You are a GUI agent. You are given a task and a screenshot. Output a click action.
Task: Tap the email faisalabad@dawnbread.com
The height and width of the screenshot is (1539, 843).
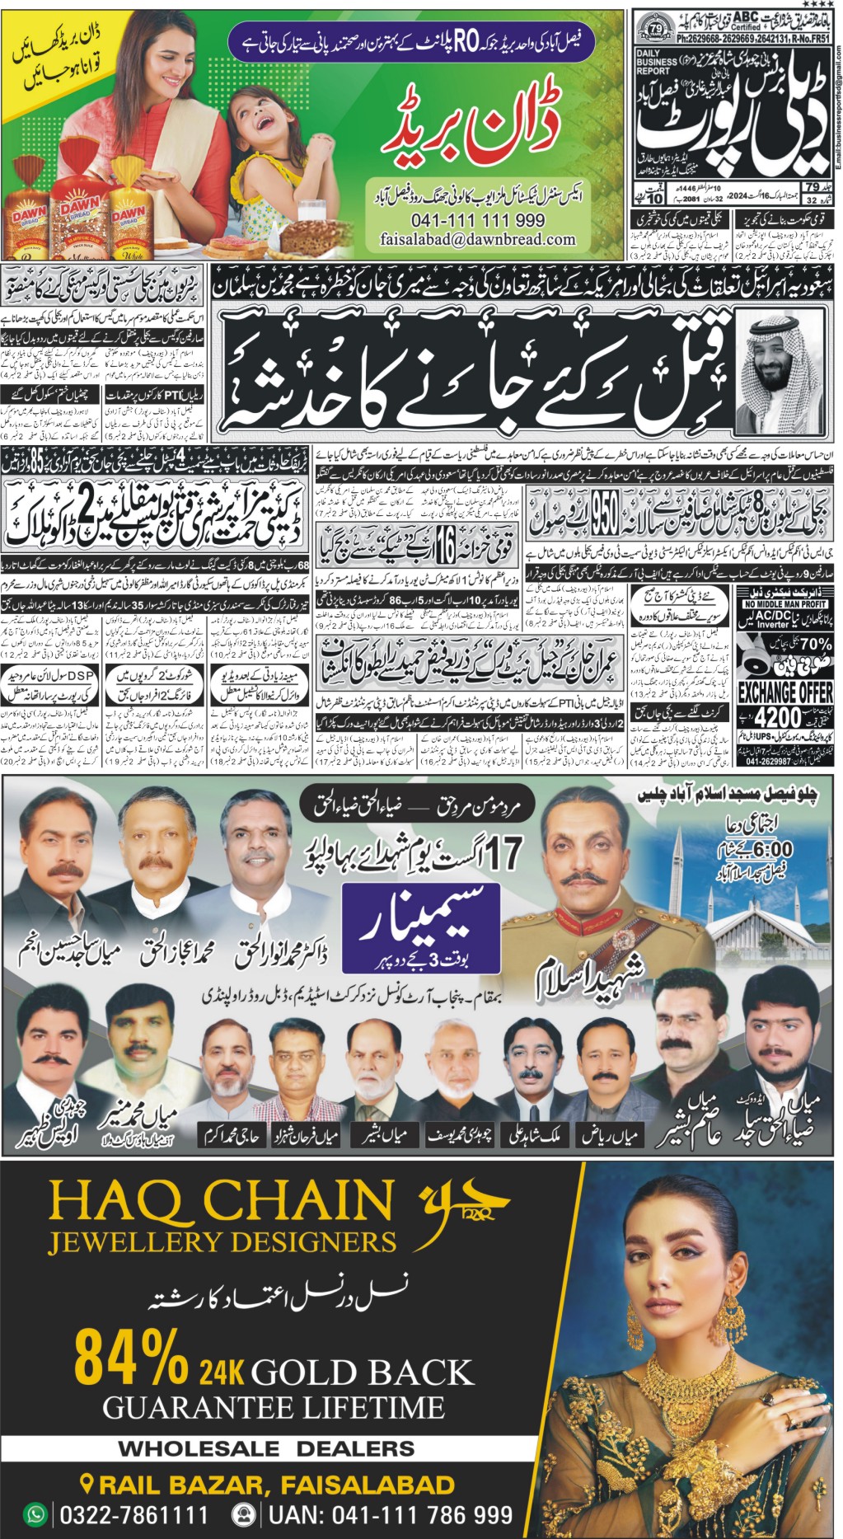click(477, 239)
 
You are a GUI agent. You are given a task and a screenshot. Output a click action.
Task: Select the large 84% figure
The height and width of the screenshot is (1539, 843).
click(132, 1358)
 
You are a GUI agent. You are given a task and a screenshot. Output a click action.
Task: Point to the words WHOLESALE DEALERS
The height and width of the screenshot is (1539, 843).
click(266, 1448)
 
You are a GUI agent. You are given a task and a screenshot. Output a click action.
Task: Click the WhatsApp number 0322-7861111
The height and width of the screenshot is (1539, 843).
click(134, 1515)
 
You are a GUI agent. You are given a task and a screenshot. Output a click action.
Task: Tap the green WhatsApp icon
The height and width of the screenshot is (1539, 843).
click(35, 1514)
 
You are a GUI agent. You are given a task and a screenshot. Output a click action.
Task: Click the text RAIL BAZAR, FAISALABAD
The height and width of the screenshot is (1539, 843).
click(276, 1485)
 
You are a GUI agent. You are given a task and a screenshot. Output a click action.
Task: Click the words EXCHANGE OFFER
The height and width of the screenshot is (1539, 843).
click(785, 692)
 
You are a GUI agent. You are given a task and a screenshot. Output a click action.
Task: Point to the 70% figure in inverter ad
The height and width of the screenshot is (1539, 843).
click(815, 643)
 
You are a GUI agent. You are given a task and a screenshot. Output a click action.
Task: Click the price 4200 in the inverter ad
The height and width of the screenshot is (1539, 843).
click(777, 716)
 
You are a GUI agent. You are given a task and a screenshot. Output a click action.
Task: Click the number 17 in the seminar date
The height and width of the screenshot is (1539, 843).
click(503, 855)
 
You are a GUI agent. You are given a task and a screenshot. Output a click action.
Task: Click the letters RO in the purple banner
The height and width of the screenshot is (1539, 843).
click(466, 43)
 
